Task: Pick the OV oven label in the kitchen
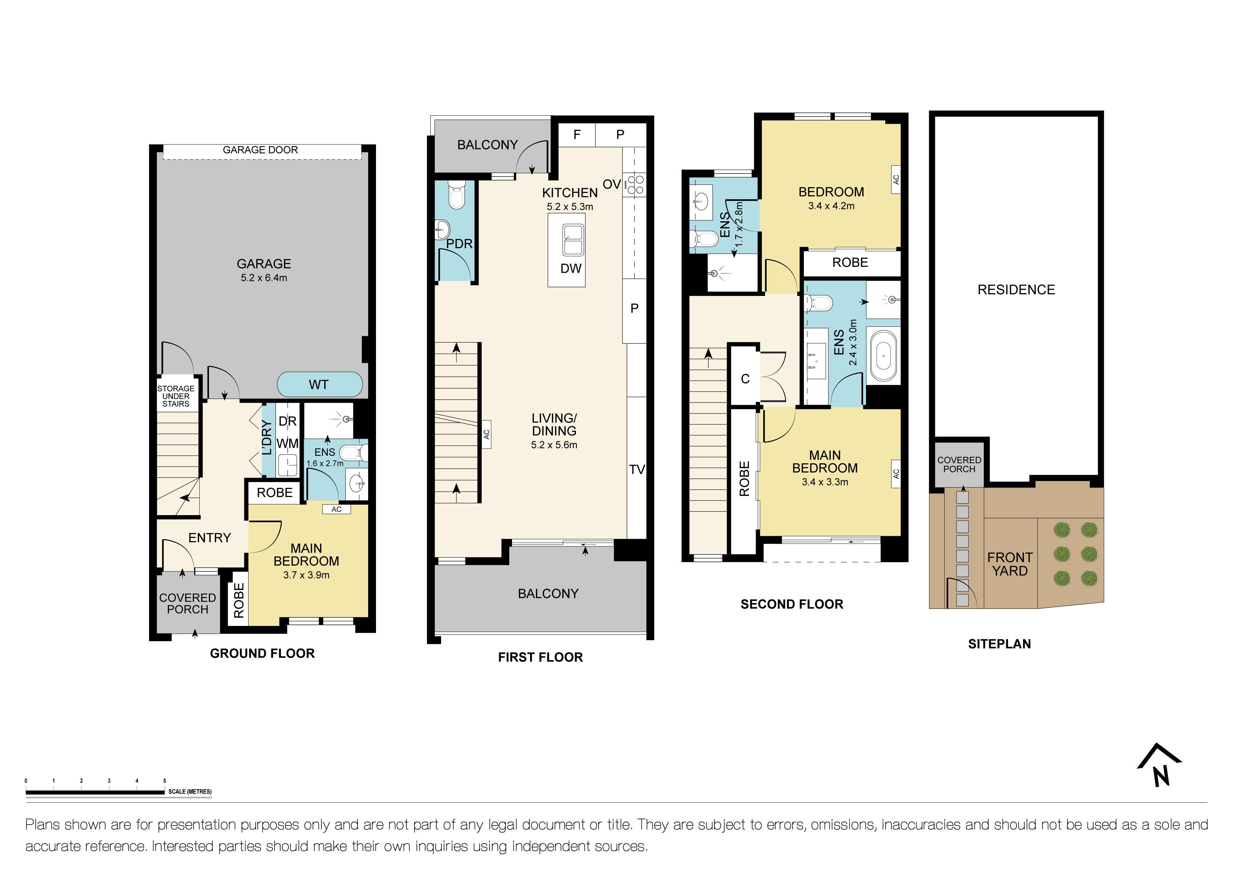point(612,184)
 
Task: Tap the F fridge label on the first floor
point(577,134)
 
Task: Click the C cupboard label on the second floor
point(745,379)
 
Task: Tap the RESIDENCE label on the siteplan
point(1016,289)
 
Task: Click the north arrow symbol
point(1160,766)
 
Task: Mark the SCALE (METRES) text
point(190,792)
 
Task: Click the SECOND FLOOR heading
point(792,604)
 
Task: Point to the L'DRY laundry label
point(267,437)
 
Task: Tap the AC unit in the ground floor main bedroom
point(336,509)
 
